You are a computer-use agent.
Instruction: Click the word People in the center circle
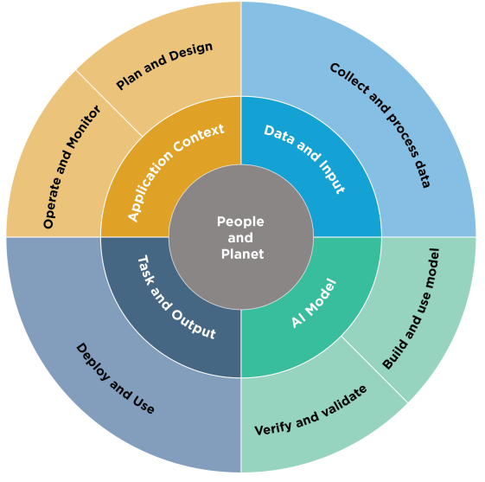(240, 222)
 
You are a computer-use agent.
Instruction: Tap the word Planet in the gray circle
(242, 254)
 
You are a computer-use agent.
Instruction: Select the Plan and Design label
(164, 66)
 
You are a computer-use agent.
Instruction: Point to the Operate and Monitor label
(72, 167)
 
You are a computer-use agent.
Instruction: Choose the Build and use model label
(411, 309)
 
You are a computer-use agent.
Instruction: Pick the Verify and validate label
(310, 411)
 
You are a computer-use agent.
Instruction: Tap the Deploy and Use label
(115, 378)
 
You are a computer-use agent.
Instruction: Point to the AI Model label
(314, 303)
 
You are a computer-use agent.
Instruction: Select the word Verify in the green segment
(273, 428)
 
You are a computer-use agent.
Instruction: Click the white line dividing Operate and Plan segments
(109, 103)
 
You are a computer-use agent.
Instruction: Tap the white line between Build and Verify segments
(374, 370)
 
